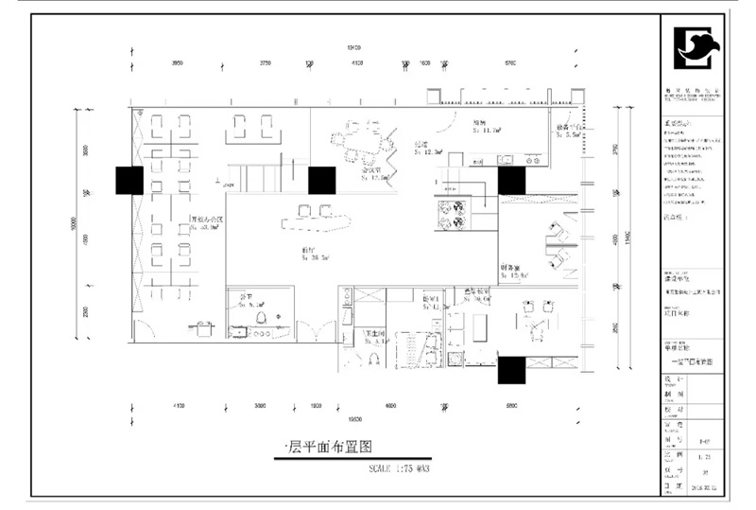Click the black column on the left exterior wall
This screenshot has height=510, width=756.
point(129,180)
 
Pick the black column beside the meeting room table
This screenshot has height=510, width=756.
point(322,180)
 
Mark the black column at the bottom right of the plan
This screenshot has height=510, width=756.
point(512,370)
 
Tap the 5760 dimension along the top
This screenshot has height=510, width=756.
point(510,63)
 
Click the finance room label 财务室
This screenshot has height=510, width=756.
point(515,269)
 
